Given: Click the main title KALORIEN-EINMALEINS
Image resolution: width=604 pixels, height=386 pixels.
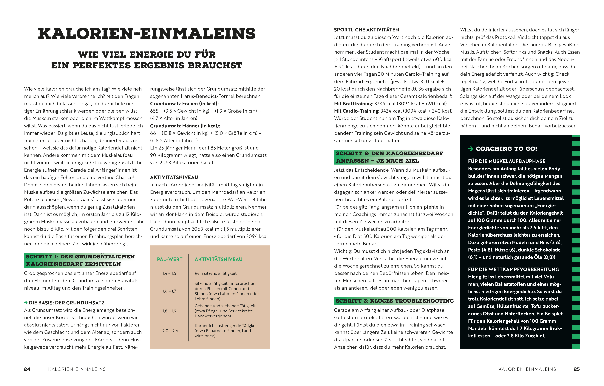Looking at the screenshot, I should (147, 34).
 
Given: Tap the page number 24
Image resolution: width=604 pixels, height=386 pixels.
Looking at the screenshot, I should (27, 369).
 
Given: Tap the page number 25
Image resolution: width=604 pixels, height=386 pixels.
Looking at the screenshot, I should (576, 369).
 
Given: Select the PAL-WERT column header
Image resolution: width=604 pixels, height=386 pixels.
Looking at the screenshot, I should (170, 259).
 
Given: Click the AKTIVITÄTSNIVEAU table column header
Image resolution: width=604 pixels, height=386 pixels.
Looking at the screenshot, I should (218, 259).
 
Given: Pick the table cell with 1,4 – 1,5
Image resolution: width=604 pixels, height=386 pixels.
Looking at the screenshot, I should (169, 273).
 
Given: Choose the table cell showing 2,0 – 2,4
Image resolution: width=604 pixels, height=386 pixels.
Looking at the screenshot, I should (170, 331).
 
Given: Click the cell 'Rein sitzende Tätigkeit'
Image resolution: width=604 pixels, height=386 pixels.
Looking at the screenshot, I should (215, 273).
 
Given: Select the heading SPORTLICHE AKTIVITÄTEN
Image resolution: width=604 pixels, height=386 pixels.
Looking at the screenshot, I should (366, 30).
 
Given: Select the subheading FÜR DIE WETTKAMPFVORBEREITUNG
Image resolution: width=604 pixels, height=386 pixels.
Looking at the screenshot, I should (513, 269).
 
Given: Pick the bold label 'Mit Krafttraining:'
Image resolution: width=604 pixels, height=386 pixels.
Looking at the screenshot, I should (353, 103).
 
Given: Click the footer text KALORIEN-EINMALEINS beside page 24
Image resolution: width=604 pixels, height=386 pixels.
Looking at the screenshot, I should (77, 369).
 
